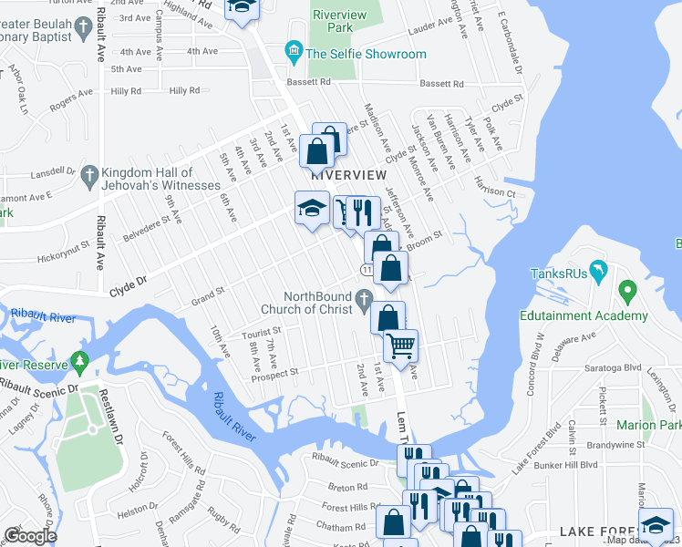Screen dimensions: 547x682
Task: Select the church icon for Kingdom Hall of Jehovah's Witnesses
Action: pos(89,173)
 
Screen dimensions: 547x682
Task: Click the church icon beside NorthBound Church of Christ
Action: pos(364,297)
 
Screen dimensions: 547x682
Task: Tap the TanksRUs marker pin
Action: pos(597,270)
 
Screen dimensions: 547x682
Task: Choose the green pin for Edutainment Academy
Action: pos(626,293)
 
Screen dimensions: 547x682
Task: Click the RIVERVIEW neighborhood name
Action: pos(343,173)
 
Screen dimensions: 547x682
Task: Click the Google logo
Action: pos(29,536)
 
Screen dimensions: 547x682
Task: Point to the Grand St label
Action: pos(207,294)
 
